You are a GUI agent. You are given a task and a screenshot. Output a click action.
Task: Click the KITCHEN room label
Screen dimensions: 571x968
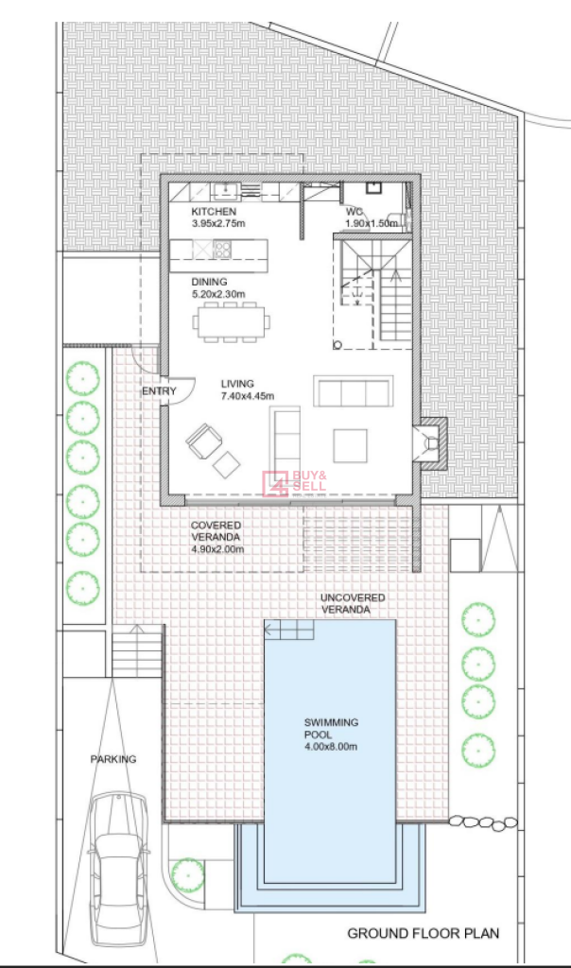coord(213,212)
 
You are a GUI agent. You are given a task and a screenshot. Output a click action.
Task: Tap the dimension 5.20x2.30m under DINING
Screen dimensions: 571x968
coord(217,294)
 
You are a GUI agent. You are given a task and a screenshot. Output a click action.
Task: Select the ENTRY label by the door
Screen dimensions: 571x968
coord(159,390)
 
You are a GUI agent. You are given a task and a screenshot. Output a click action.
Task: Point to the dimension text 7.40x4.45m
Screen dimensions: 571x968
coord(248,396)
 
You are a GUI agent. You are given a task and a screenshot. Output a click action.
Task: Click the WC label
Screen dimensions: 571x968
coord(354,212)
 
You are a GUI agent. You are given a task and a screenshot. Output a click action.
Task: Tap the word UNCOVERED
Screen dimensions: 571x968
coord(353,597)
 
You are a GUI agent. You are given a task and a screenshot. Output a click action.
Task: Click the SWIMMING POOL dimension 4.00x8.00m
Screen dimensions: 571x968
coord(331,747)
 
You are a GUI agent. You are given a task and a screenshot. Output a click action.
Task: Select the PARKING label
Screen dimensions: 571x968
coord(113,759)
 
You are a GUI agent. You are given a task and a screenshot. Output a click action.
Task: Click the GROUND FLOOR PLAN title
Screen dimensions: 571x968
coord(424,933)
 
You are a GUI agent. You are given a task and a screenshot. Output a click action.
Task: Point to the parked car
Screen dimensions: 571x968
coord(118,859)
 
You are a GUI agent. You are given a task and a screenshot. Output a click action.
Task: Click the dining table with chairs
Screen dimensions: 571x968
coord(231,321)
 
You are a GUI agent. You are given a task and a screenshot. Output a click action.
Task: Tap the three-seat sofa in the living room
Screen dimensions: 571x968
coord(353,390)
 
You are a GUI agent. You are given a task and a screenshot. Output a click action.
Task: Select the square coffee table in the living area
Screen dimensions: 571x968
coord(350,446)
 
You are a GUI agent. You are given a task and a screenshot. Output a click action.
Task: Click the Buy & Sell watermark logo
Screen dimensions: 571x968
coord(294,483)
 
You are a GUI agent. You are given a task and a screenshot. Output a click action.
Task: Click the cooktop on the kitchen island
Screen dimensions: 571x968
coord(223,249)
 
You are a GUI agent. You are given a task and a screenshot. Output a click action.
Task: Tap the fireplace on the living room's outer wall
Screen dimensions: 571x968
coord(430,442)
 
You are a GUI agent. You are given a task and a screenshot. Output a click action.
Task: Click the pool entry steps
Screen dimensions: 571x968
coord(289,630)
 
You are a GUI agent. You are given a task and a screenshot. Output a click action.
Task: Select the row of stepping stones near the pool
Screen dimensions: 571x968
coord(483,821)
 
